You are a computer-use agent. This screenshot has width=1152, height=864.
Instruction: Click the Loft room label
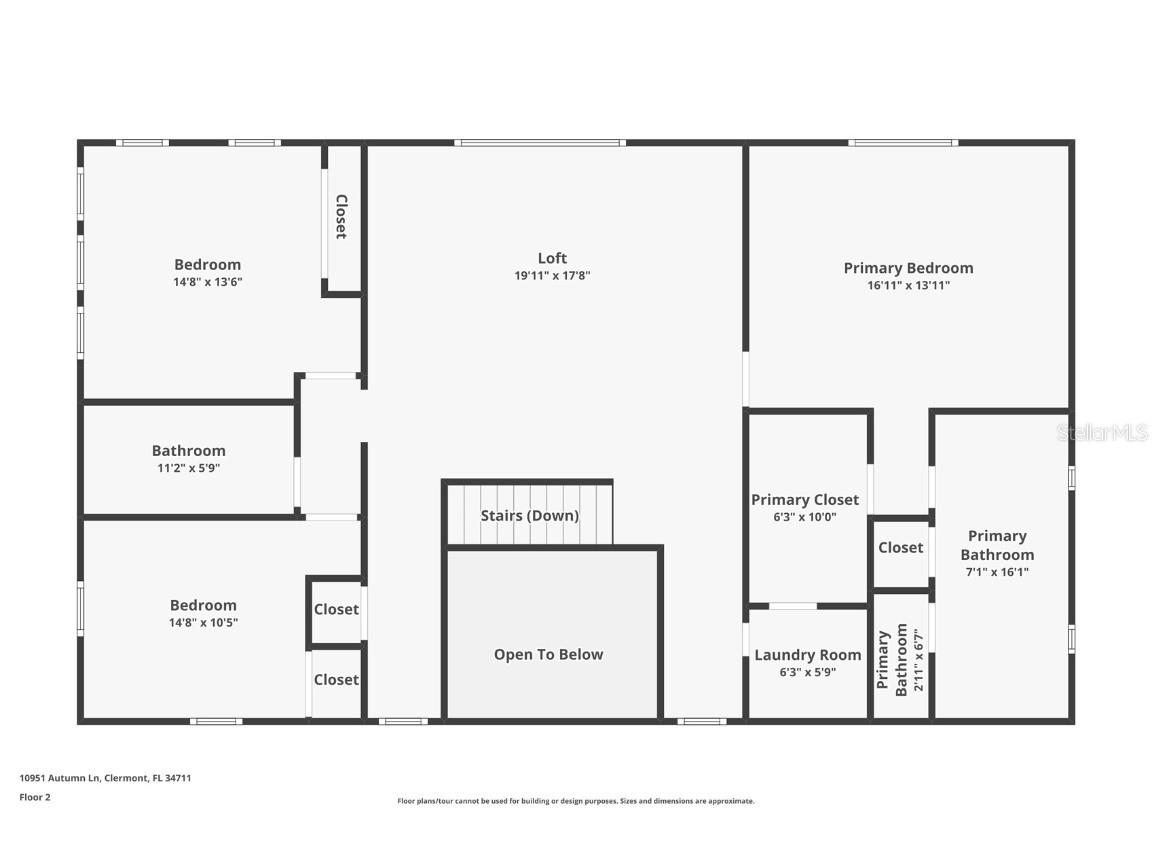coord(552,258)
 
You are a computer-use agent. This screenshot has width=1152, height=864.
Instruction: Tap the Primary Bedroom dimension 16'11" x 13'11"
coord(908,285)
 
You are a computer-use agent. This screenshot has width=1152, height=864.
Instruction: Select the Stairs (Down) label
coord(529,516)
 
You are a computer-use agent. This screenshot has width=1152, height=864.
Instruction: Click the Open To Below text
coord(548,655)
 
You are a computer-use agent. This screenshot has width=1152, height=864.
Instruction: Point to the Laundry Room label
coord(807,655)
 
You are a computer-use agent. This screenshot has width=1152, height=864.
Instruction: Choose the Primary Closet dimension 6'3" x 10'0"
coord(804,517)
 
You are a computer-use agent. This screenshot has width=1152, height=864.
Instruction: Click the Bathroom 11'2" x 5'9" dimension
coord(188,468)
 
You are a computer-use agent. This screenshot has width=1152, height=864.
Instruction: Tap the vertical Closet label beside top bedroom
coord(341,216)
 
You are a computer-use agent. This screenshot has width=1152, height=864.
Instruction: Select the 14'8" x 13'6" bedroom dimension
coord(207,282)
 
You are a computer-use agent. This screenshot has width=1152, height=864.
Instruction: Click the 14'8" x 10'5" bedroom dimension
coord(203,622)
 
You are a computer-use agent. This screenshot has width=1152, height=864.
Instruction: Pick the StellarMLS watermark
coord(1102,433)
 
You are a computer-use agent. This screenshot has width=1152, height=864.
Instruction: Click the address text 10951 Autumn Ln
coord(105,777)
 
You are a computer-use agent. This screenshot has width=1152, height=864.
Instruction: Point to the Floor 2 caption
coord(34,797)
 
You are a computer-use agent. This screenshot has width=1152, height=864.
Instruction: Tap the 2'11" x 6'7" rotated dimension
coord(919,660)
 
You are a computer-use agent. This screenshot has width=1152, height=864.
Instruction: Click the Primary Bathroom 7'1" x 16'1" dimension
coord(996,572)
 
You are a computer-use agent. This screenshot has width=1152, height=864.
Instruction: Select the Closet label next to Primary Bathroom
coord(900,547)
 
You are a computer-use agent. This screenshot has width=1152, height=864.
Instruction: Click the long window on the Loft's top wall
coord(540,143)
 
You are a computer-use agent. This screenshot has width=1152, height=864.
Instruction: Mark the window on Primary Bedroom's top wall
coord(903,143)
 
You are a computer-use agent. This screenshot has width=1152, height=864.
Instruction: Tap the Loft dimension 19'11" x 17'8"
coord(552,276)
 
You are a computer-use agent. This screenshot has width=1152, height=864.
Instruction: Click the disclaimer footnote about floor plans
coord(575,801)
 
